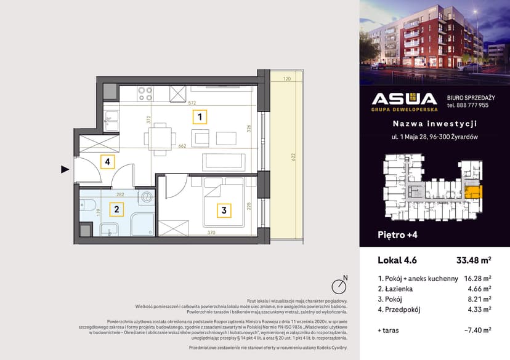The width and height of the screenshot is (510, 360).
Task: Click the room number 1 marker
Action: (x=199, y=116)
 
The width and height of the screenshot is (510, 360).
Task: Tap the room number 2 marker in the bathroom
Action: (x=116, y=209)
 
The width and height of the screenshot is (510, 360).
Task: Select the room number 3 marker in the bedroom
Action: (x=224, y=210)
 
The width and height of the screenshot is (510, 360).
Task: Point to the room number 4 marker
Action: (x=107, y=162)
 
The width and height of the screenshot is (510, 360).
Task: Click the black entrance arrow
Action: (x=65, y=169)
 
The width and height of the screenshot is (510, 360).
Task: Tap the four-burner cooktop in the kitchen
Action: (x=145, y=94)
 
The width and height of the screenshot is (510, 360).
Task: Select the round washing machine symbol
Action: (x=147, y=197)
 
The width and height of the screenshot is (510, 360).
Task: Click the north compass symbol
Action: (x=338, y=286)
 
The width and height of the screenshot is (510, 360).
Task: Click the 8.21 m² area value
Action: (x=477, y=299)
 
